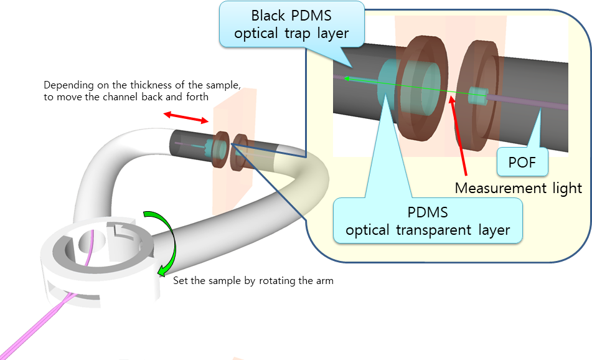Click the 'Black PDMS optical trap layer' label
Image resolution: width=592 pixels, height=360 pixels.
[x=291, y=24]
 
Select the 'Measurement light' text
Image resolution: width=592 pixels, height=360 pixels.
[x=519, y=187]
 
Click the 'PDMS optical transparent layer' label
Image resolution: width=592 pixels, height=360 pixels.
[x=428, y=220]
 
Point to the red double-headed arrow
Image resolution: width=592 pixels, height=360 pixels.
[x=186, y=117]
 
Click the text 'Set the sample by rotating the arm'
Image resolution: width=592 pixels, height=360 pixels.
[x=253, y=281]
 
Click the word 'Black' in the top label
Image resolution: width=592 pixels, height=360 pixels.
[x=271, y=15]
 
